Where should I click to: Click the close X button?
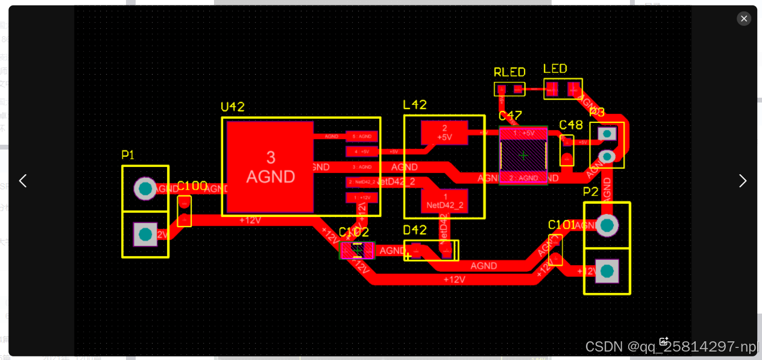tap(744, 19)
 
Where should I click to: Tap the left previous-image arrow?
tap(23, 181)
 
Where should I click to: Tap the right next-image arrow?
tap(743, 181)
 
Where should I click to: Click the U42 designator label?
tap(233, 107)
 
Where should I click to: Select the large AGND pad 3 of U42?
tap(270, 167)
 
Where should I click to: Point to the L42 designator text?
tap(415, 105)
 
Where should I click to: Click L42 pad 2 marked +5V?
tap(444, 133)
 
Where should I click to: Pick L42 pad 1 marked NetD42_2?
tap(445, 201)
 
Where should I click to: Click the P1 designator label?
tap(128, 155)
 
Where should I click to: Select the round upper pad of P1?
tap(145, 189)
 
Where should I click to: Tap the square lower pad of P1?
tap(145, 234)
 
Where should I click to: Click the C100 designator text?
tap(192, 186)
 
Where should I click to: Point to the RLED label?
tap(509, 72)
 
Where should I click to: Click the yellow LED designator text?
tap(555, 69)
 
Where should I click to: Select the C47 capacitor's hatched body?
tap(523, 156)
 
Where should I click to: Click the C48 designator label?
tap(571, 125)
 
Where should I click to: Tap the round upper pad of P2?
tap(606, 226)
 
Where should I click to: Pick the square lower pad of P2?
tap(606, 271)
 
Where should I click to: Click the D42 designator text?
tap(415, 230)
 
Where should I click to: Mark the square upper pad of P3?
tap(608, 133)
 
